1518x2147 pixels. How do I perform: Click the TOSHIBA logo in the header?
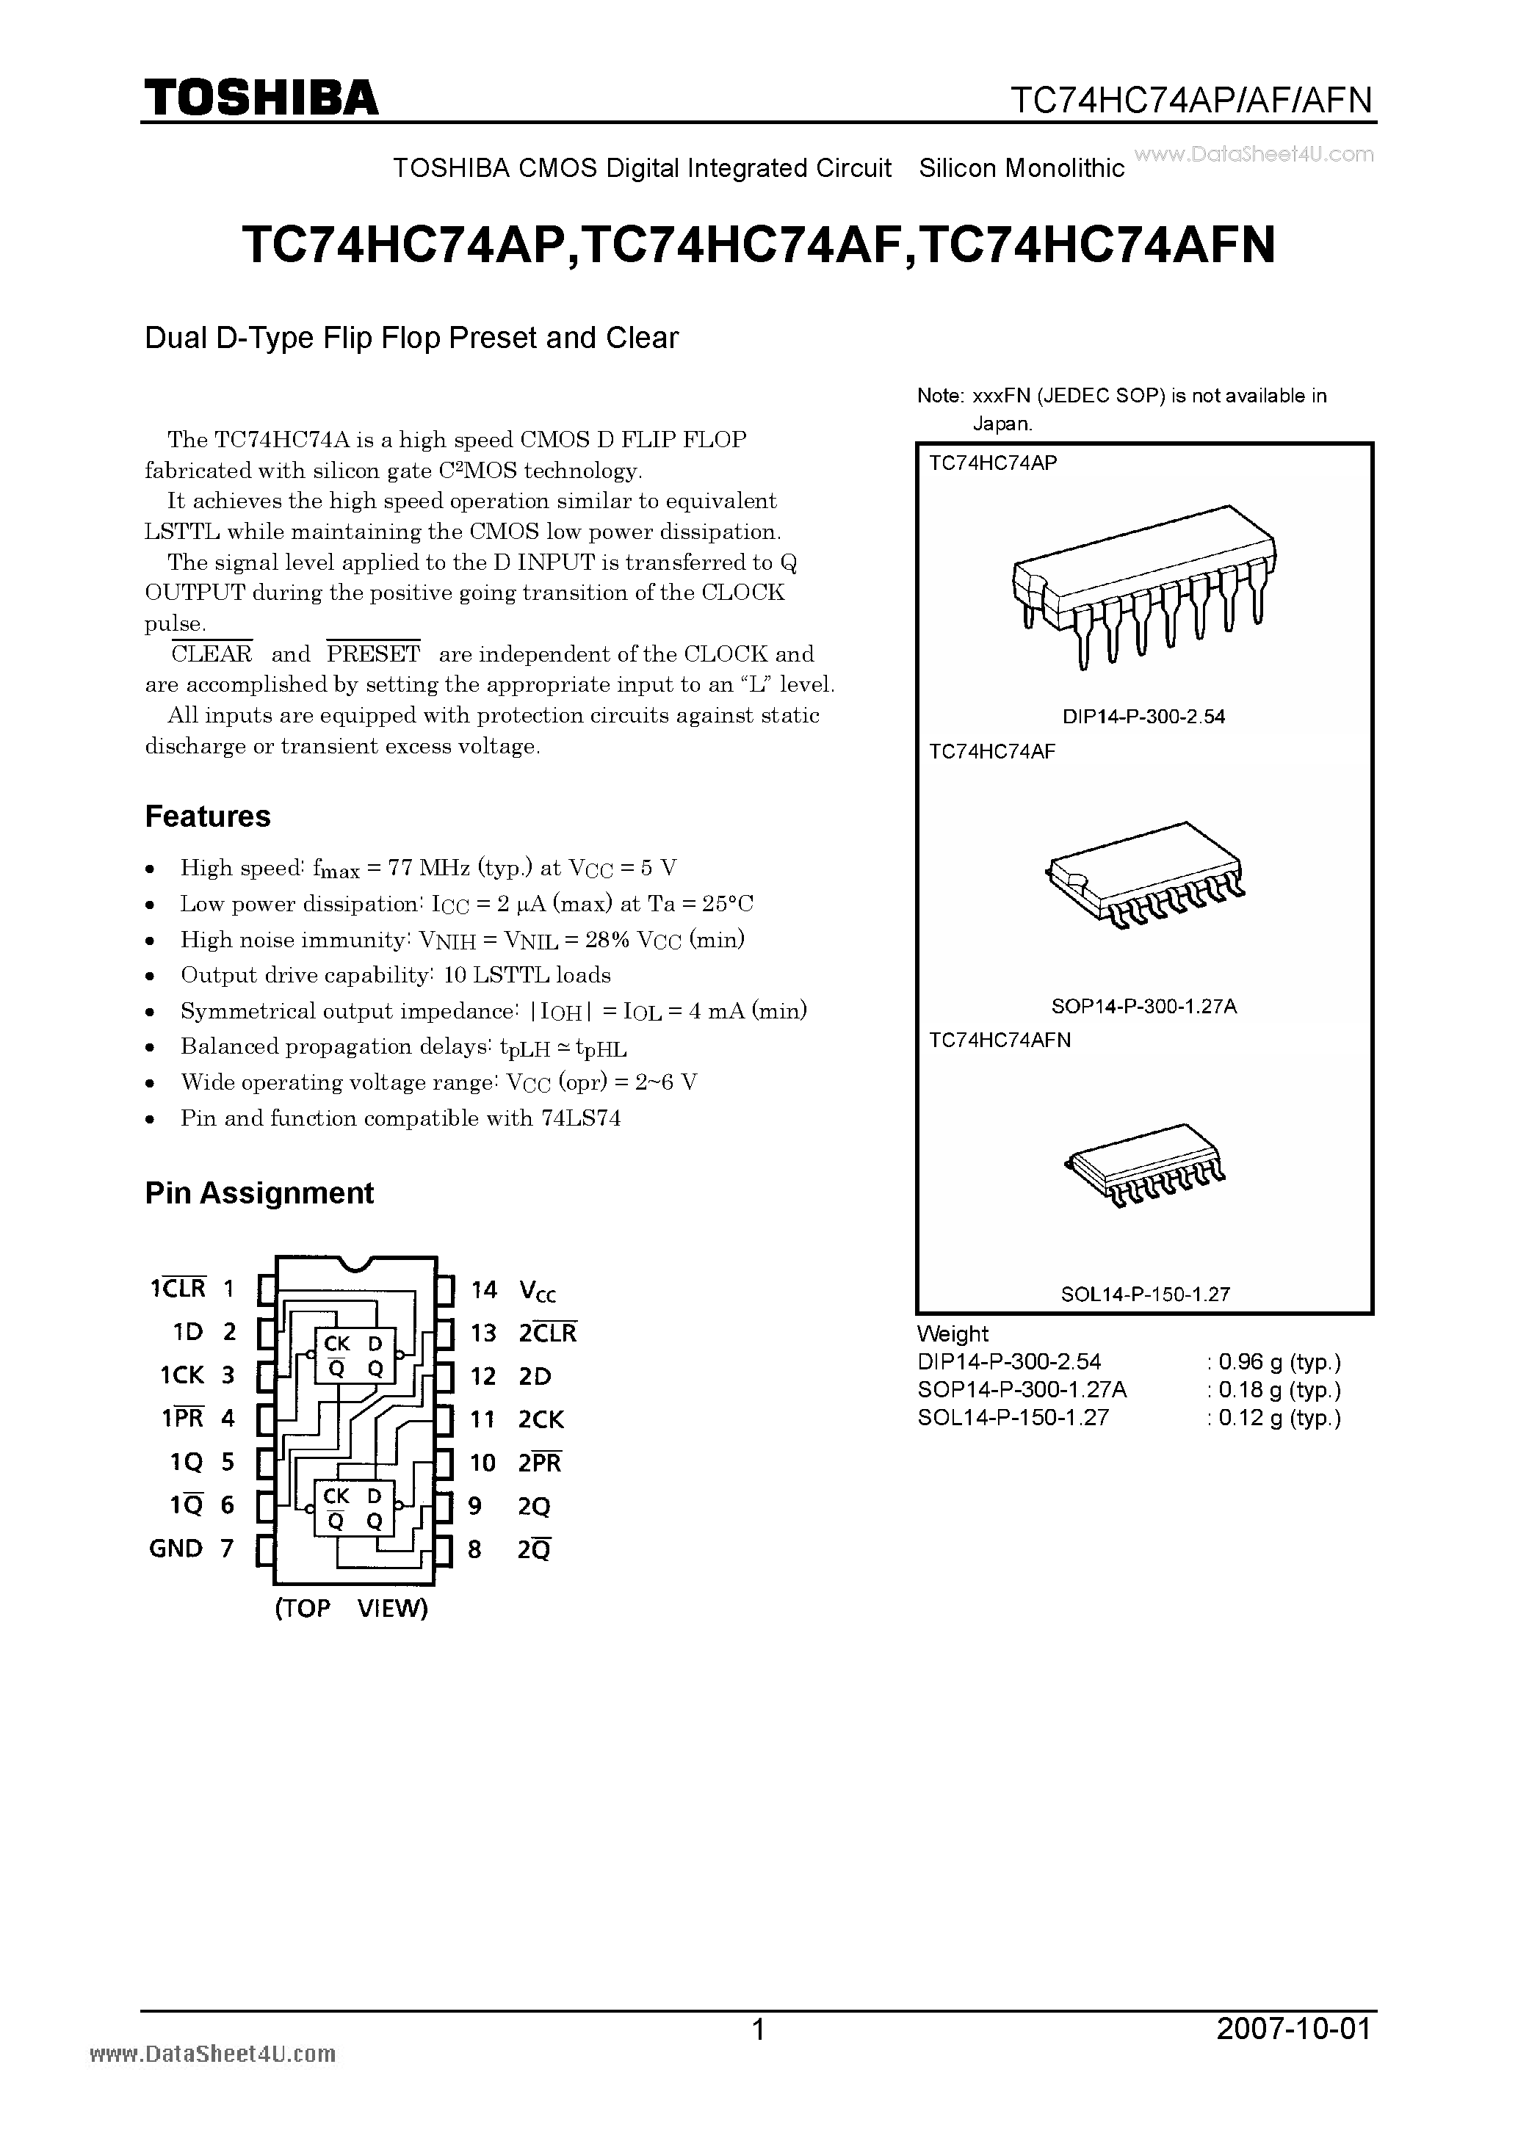click(x=261, y=98)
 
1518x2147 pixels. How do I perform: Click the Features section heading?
click(x=208, y=817)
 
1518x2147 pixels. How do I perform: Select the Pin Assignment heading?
click(x=259, y=1193)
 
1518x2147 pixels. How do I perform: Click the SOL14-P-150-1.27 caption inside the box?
click(x=1144, y=1295)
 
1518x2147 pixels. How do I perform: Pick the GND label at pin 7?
click(x=176, y=1549)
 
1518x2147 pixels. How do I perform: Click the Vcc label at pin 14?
click(x=538, y=1292)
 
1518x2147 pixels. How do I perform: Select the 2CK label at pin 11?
click(x=541, y=1420)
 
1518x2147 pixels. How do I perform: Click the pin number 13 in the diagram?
click(x=482, y=1333)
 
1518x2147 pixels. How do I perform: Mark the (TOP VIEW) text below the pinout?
click(x=351, y=1608)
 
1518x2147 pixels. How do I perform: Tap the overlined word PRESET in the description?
click(x=373, y=654)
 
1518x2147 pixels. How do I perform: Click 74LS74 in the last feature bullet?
click(x=580, y=1118)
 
